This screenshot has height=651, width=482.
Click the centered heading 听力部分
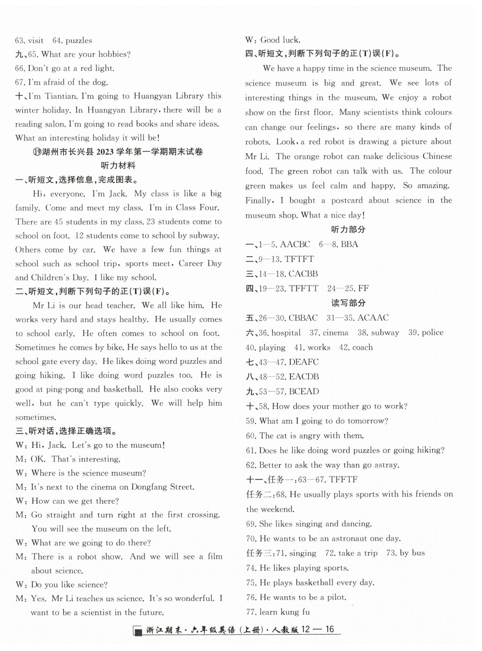[348, 230]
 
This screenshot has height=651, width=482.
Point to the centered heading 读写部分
[348, 303]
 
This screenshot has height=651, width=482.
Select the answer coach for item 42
[362, 347]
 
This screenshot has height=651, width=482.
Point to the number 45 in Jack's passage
[58, 222]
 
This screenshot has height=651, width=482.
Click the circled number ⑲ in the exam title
[37, 152]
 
